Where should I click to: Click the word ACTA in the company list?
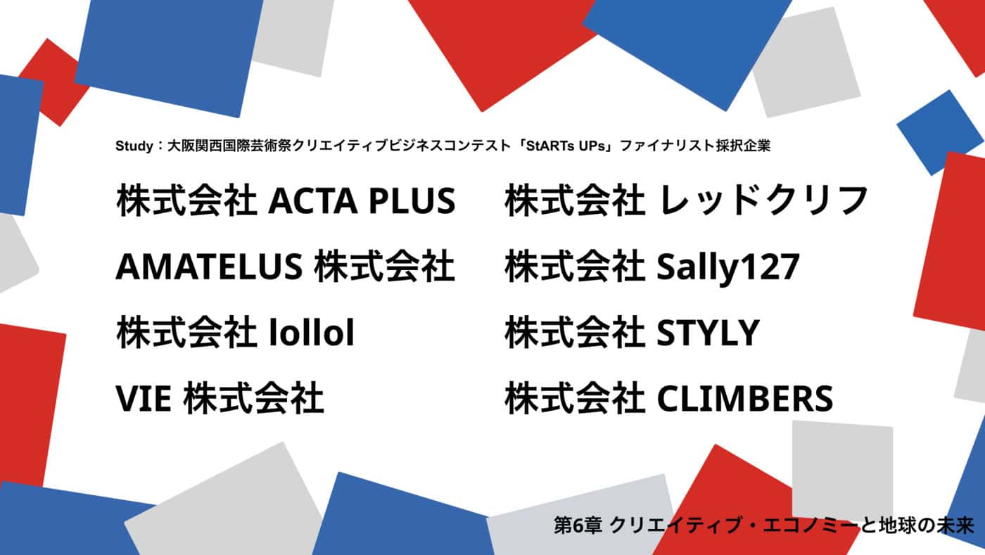[x=312, y=200]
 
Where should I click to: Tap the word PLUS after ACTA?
[x=412, y=200]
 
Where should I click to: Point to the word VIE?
[x=144, y=398]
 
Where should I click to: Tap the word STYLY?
[x=708, y=333]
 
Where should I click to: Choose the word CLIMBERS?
[x=744, y=398]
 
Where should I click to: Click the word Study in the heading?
[x=134, y=146]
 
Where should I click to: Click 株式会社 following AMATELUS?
[x=384, y=266]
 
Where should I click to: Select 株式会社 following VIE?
[x=254, y=398]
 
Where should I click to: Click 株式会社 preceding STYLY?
[x=575, y=332]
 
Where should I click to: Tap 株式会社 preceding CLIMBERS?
[x=575, y=398]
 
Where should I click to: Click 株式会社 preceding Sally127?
[x=575, y=266]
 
